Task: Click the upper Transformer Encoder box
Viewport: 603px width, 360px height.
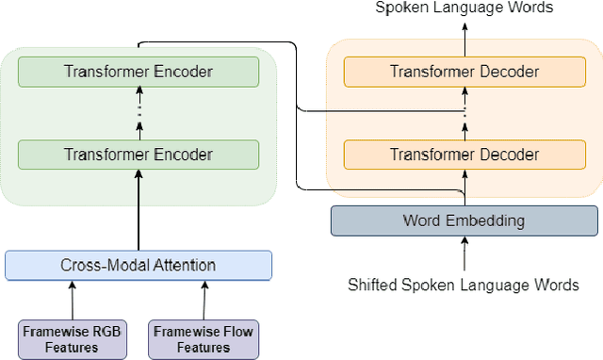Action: tap(139, 71)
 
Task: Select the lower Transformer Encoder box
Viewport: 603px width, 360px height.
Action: tap(139, 154)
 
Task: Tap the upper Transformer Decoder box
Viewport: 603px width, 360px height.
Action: tap(464, 71)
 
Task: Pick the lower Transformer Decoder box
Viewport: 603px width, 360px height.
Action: tap(464, 154)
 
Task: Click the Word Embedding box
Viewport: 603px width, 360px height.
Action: tap(464, 221)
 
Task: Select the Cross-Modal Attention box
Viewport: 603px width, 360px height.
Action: tap(139, 265)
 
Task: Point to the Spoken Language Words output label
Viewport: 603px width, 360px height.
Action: tap(464, 8)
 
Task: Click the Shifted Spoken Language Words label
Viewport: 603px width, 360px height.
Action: tap(464, 284)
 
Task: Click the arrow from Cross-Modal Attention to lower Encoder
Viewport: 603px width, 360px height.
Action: tap(139, 212)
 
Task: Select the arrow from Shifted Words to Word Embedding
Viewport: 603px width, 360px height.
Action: tap(464, 252)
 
